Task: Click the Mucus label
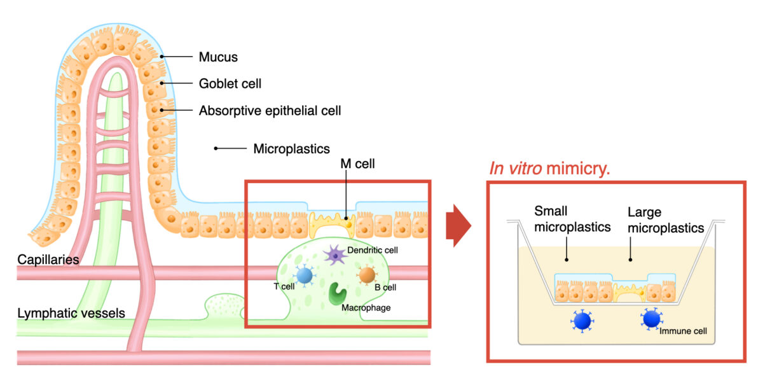coord(218,57)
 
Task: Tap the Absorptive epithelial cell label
coord(270,111)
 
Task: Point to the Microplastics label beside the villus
coord(291,149)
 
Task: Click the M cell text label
coord(357,164)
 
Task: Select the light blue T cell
coord(305,275)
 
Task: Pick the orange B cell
coord(367,275)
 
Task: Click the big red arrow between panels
coord(457,226)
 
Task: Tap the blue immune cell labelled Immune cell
coord(650,318)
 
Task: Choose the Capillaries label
coord(48,260)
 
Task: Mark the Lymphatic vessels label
coord(71,313)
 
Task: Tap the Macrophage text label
coord(366,308)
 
